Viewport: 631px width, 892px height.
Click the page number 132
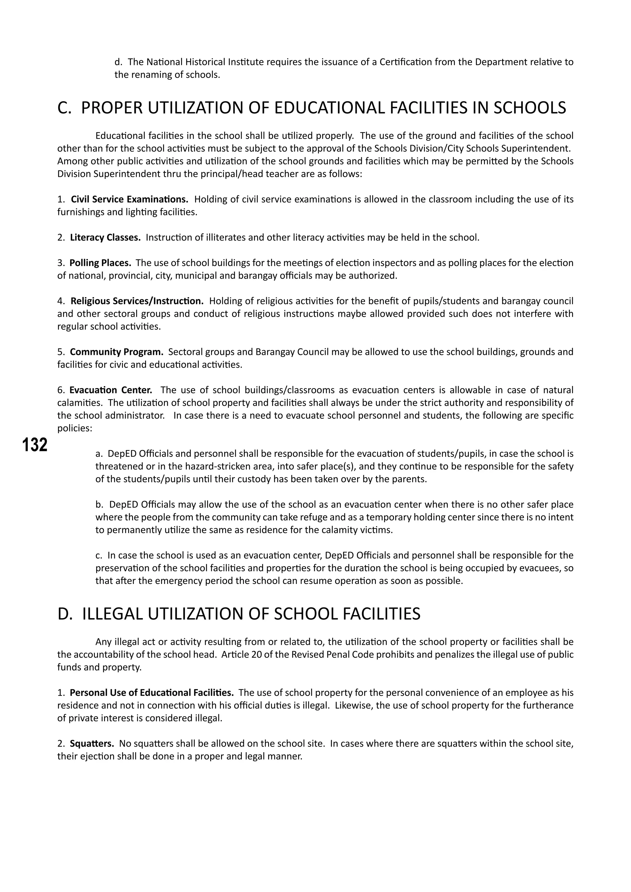point(35,445)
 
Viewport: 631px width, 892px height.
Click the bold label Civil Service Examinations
point(129,199)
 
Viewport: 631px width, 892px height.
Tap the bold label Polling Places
point(100,263)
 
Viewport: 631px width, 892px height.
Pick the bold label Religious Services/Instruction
point(137,301)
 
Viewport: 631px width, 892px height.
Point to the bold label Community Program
point(116,352)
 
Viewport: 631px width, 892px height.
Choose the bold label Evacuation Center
point(111,390)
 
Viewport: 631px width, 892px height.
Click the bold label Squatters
point(92,744)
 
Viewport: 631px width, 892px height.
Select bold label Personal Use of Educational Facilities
point(152,693)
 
